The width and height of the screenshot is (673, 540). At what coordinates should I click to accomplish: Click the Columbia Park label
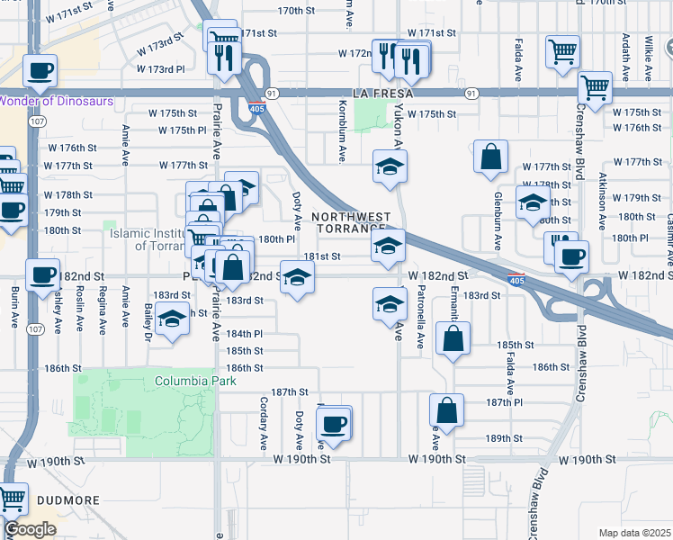coord(186,381)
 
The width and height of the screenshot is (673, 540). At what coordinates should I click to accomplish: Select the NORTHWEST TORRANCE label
coord(352,221)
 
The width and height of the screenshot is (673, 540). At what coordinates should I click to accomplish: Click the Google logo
coord(30,529)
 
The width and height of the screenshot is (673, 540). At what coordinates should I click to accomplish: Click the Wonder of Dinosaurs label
coord(57,101)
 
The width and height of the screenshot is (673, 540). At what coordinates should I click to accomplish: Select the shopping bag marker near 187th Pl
coord(446,410)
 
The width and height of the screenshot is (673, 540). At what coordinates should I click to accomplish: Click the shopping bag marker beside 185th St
coord(453,338)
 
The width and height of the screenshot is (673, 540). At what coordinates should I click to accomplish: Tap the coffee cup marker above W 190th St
coord(334,422)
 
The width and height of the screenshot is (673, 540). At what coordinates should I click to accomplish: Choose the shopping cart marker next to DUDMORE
coord(13,498)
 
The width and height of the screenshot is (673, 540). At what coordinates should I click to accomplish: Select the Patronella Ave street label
coord(420,317)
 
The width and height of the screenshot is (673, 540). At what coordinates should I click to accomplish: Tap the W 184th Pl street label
coord(244,333)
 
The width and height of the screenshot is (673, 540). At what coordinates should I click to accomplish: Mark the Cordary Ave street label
coord(265,423)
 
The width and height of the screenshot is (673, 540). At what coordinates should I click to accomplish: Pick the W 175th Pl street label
coord(183,130)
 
